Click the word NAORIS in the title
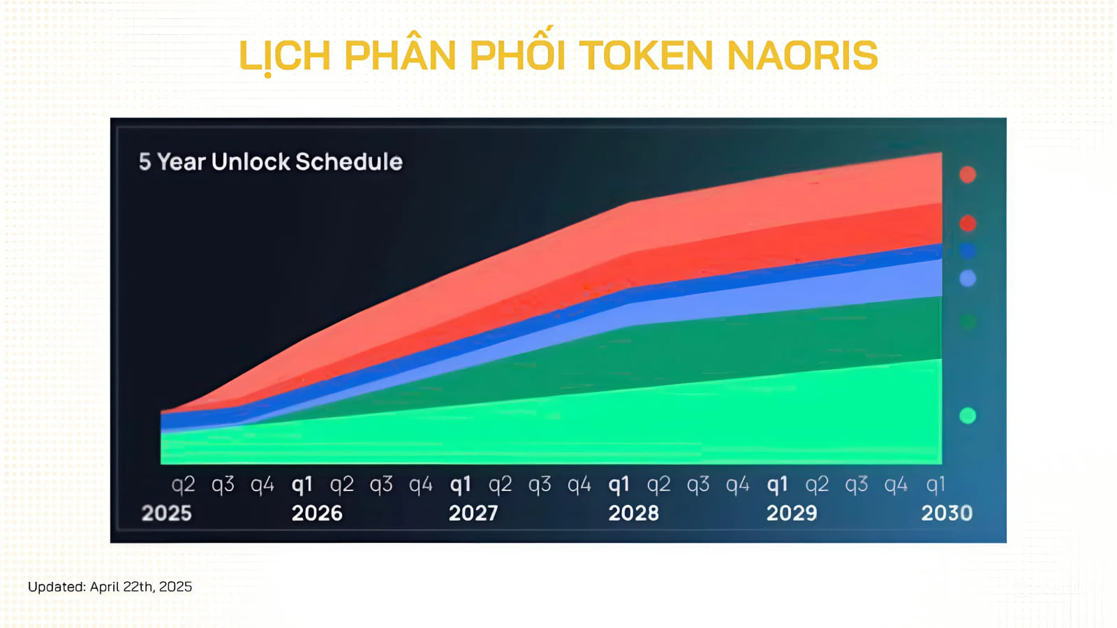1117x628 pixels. click(x=802, y=55)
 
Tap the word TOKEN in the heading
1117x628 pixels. click(x=646, y=55)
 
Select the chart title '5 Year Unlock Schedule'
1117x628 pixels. click(x=271, y=161)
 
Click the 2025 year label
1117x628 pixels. click(x=167, y=513)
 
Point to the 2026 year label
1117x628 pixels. click(x=317, y=513)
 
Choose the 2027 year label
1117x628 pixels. click(x=474, y=513)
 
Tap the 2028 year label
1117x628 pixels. click(x=633, y=513)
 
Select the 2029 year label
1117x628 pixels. click(x=792, y=513)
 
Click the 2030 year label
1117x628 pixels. click(x=947, y=513)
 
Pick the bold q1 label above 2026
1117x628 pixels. click(x=302, y=485)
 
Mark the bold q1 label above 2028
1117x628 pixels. click(x=619, y=485)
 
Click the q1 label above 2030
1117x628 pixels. click(x=935, y=485)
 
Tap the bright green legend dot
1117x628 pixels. click(x=968, y=416)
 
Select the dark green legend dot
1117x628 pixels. click(x=968, y=321)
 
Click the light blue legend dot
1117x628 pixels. click(x=968, y=278)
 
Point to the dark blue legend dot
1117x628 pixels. click(x=968, y=251)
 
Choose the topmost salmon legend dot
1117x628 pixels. click(x=968, y=175)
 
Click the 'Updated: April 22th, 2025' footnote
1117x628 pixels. click(x=110, y=587)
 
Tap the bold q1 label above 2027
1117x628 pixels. click(x=460, y=485)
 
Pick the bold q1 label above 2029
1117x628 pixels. click(x=777, y=485)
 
